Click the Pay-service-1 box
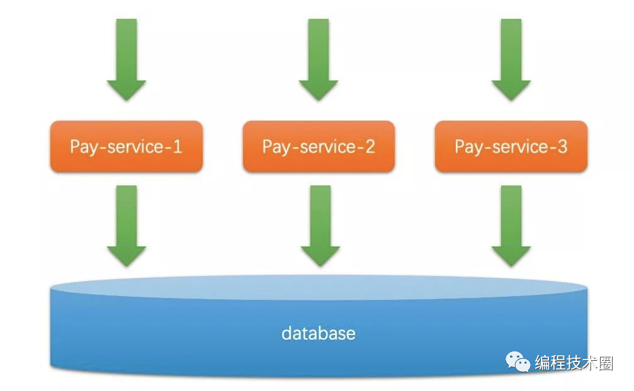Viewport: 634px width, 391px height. (x=126, y=146)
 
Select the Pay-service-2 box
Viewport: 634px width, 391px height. (x=319, y=146)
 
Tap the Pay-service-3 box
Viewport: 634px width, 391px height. (x=511, y=146)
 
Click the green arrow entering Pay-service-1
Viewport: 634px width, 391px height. (x=126, y=60)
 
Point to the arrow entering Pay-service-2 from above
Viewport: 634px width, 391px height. (x=319, y=60)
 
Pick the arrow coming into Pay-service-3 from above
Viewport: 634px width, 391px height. (x=511, y=60)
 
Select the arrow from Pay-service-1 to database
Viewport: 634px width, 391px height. (x=126, y=225)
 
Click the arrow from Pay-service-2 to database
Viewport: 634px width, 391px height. (x=319, y=225)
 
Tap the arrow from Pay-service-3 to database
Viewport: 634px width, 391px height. (x=511, y=225)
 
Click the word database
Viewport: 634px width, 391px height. (x=318, y=333)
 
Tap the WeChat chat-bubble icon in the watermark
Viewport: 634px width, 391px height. (x=520, y=361)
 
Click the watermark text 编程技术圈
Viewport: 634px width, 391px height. (x=574, y=363)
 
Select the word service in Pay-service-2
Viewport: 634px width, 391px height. (x=327, y=147)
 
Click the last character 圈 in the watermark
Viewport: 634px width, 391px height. (x=606, y=363)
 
